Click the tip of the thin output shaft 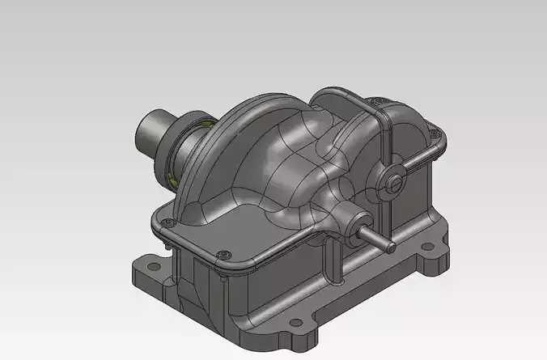pos(392,244)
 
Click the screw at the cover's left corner pos(164,222)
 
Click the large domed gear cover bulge pos(259,154)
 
